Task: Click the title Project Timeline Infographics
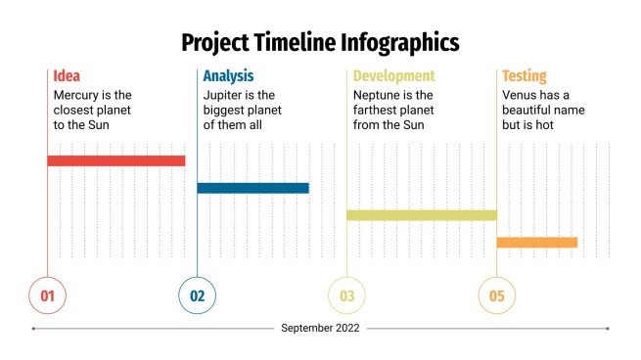pyautogui.click(x=320, y=42)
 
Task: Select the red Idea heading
pyautogui.click(x=68, y=75)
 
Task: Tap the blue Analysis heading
pyautogui.click(x=228, y=75)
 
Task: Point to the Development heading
pyautogui.click(x=393, y=75)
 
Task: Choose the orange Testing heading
pyautogui.click(x=525, y=75)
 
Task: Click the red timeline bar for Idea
pyautogui.click(x=115, y=160)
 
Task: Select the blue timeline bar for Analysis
pyautogui.click(x=252, y=188)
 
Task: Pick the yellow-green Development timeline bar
pyautogui.click(x=421, y=214)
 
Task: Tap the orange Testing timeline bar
pyautogui.click(x=536, y=242)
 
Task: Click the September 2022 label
pyautogui.click(x=320, y=329)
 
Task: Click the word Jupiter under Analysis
pyautogui.click(x=224, y=95)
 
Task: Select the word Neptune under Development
pyautogui.click(x=378, y=95)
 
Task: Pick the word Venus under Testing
pyautogui.click(x=521, y=95)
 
